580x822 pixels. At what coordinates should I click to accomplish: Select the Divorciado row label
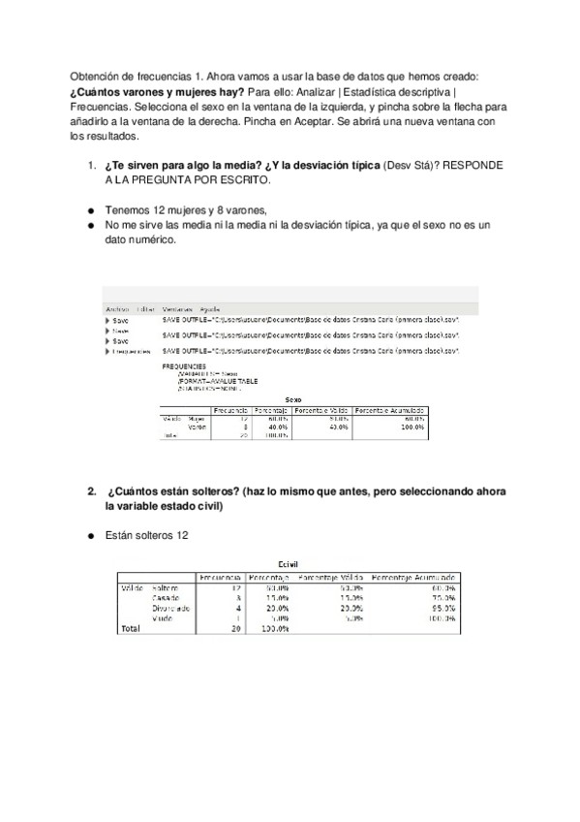[169, 608]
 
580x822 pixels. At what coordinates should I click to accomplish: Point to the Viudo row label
[163, 617]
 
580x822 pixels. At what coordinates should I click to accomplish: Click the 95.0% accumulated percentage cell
[442, 608]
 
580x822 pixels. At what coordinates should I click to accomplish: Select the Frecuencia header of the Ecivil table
[218, 577]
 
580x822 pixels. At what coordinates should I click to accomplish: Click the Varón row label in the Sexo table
[197, 427]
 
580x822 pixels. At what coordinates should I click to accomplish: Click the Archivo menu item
[116, 308]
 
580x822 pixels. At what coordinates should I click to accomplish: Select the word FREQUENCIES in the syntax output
[186, 366]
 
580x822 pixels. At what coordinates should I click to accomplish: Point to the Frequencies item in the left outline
[132, 350]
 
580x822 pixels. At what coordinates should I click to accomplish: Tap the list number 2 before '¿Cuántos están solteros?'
[91, 491]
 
